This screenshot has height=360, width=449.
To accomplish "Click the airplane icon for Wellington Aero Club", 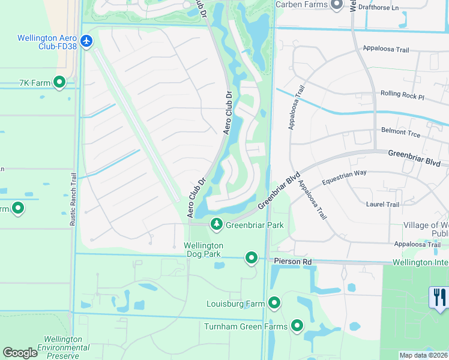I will (88, 41).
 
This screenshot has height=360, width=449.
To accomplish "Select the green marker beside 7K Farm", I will (59, 82).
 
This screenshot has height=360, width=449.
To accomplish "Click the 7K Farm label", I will (34, 82).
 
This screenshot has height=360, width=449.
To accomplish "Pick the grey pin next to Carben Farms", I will (336, 5).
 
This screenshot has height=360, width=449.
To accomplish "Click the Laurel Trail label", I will (382, 205).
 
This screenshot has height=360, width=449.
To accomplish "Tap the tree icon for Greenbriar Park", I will (216, 224).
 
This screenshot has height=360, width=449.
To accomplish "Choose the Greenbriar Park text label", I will (255, 226).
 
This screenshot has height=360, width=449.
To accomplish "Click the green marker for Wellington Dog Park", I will (252, 258).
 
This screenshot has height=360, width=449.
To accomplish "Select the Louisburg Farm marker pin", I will (275, 303).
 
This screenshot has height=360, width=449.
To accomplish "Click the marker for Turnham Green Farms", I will (297, 326).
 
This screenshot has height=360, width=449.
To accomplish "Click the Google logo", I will (20, 353).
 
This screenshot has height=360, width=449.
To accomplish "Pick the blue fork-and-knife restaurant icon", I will (439, 298).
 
